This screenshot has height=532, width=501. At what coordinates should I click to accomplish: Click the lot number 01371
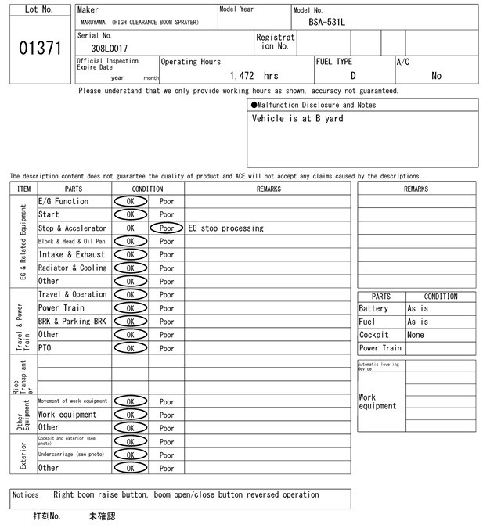tap(39, 49)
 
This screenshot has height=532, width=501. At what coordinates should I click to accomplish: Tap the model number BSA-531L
tap(326, 22)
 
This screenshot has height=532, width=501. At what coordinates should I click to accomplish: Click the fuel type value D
tap(353, 76)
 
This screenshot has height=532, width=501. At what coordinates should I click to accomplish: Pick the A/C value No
tap(436, 76)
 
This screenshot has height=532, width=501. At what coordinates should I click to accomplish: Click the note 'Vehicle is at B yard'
tap(297, 119)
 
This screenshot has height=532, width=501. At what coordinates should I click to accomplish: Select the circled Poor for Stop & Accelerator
tap(167, 228)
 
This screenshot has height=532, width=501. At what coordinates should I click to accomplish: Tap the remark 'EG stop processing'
tap(226, 228)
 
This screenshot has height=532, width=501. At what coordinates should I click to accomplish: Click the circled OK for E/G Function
tap(130, 201)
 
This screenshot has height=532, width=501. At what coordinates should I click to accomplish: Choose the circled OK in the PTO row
tap(130, 348)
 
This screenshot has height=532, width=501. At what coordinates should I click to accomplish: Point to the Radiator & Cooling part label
tap(73, 268)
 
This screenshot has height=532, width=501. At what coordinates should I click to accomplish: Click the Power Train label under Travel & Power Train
tap(61, 308)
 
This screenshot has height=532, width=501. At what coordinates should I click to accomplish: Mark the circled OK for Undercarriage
tap(130, 455)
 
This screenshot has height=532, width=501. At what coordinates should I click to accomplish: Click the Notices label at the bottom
tap(26, 495)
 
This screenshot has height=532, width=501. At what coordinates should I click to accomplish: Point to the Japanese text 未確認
tap(103, 517)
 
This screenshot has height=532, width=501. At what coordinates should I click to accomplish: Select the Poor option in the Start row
tap(167, 214)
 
